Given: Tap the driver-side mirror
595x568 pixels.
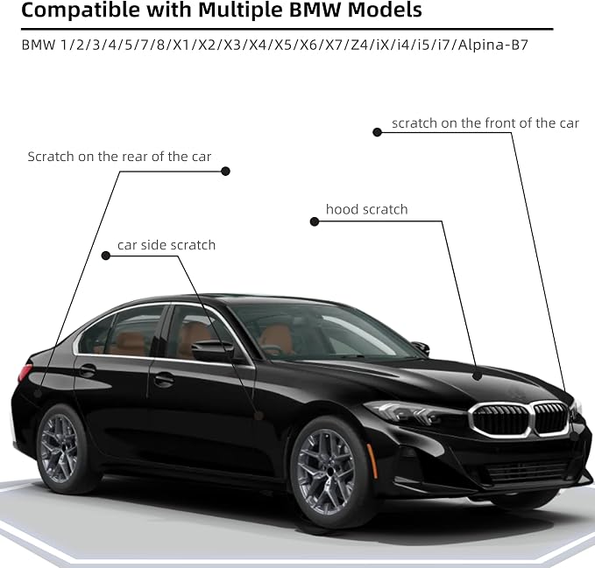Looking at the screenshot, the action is click(212, 351).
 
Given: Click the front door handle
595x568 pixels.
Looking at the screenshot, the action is click(164, 379).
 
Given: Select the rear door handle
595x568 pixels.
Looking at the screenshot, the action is click(88, 369).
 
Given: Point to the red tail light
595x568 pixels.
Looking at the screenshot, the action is click(25, 372).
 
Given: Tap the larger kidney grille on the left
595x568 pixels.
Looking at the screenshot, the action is click(499, 420).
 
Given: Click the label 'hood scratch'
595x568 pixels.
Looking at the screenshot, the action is click(366, 209).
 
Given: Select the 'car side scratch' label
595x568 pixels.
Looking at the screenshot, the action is click(166, 245).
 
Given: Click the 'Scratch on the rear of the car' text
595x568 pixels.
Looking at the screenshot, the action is click(119, 156).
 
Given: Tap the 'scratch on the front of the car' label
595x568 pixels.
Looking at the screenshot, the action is click(485, 123).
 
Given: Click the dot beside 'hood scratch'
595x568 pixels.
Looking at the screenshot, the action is click(315, 221).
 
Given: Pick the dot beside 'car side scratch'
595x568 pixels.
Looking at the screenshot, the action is click(106, 256).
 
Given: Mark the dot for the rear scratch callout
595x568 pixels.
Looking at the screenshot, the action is click(225, 172).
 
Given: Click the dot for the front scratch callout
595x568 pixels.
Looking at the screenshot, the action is click(377, 132).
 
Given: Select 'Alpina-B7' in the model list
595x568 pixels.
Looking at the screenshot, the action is click(493, 46).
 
